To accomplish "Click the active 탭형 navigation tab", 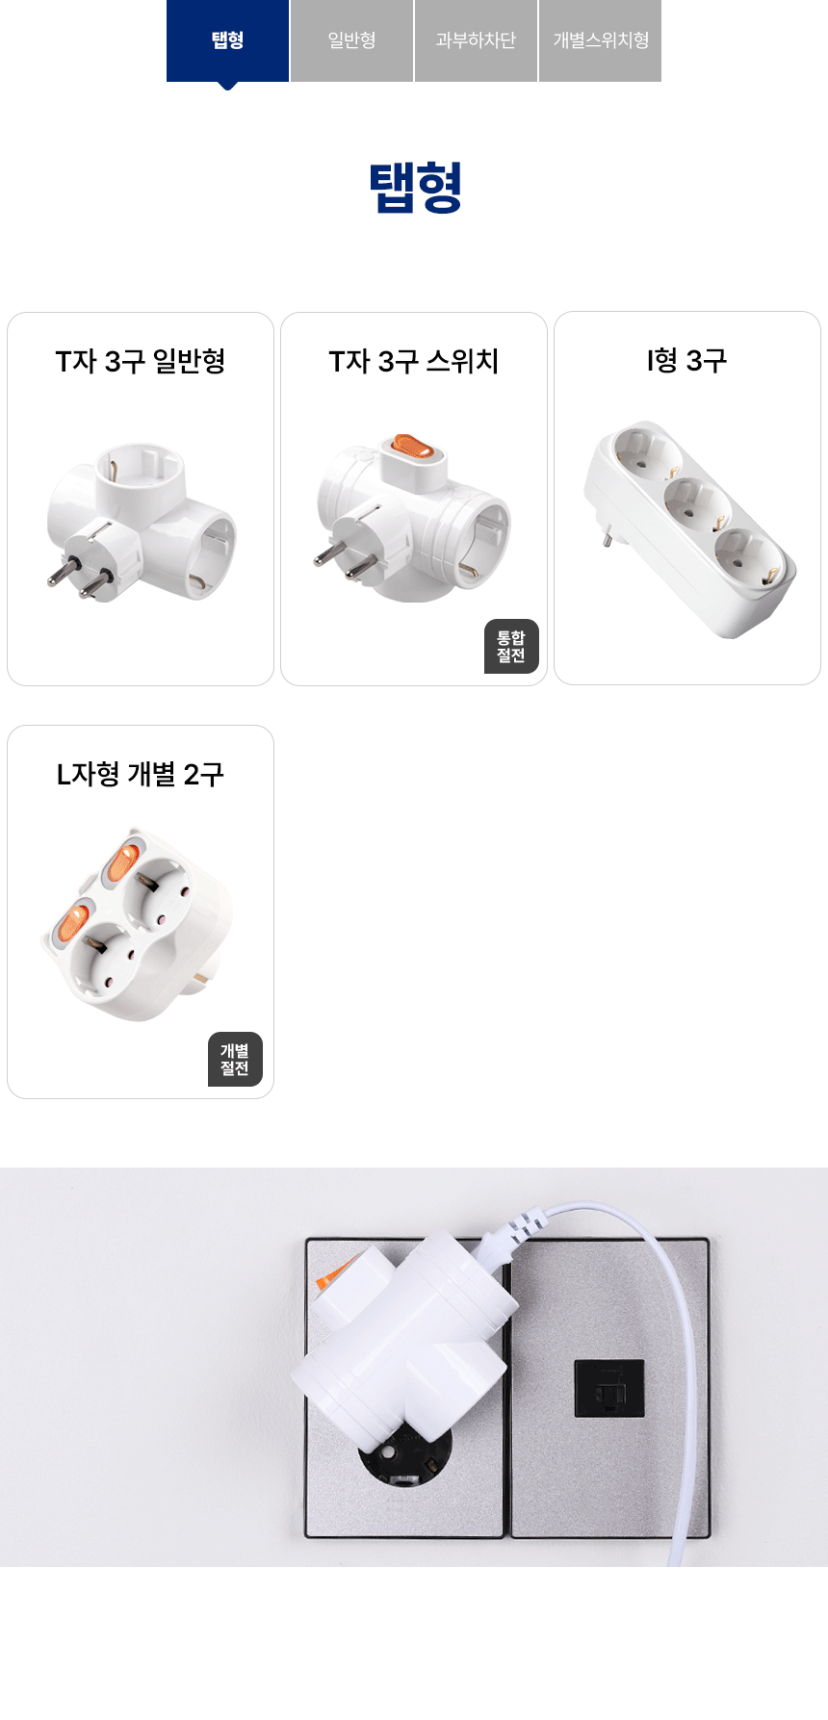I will tap(227, 40).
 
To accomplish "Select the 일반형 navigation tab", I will tap(351, 40).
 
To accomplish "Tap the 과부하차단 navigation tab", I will tap(476, 40).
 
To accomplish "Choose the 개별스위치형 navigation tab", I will tap(600, 40).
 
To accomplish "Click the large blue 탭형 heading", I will tap(415, 187).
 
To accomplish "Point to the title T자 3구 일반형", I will tap(141, 361).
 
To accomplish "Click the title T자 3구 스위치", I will tap(414, 361).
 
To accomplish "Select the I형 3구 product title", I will tap(687, 360).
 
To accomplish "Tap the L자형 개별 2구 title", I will tap(141, 774).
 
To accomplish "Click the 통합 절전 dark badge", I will tap(511, 646).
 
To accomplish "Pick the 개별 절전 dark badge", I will tap(235, 1059).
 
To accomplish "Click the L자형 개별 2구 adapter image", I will tap(138, 925).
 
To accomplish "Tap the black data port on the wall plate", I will tap(609, 1388).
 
